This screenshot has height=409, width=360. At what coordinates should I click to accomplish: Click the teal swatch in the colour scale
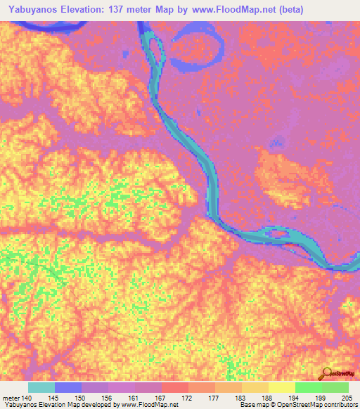tap(41, 388)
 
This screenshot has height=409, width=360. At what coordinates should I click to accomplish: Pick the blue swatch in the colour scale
tap(68, 388)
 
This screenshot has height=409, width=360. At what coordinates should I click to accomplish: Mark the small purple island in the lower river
tap(279, 233)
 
